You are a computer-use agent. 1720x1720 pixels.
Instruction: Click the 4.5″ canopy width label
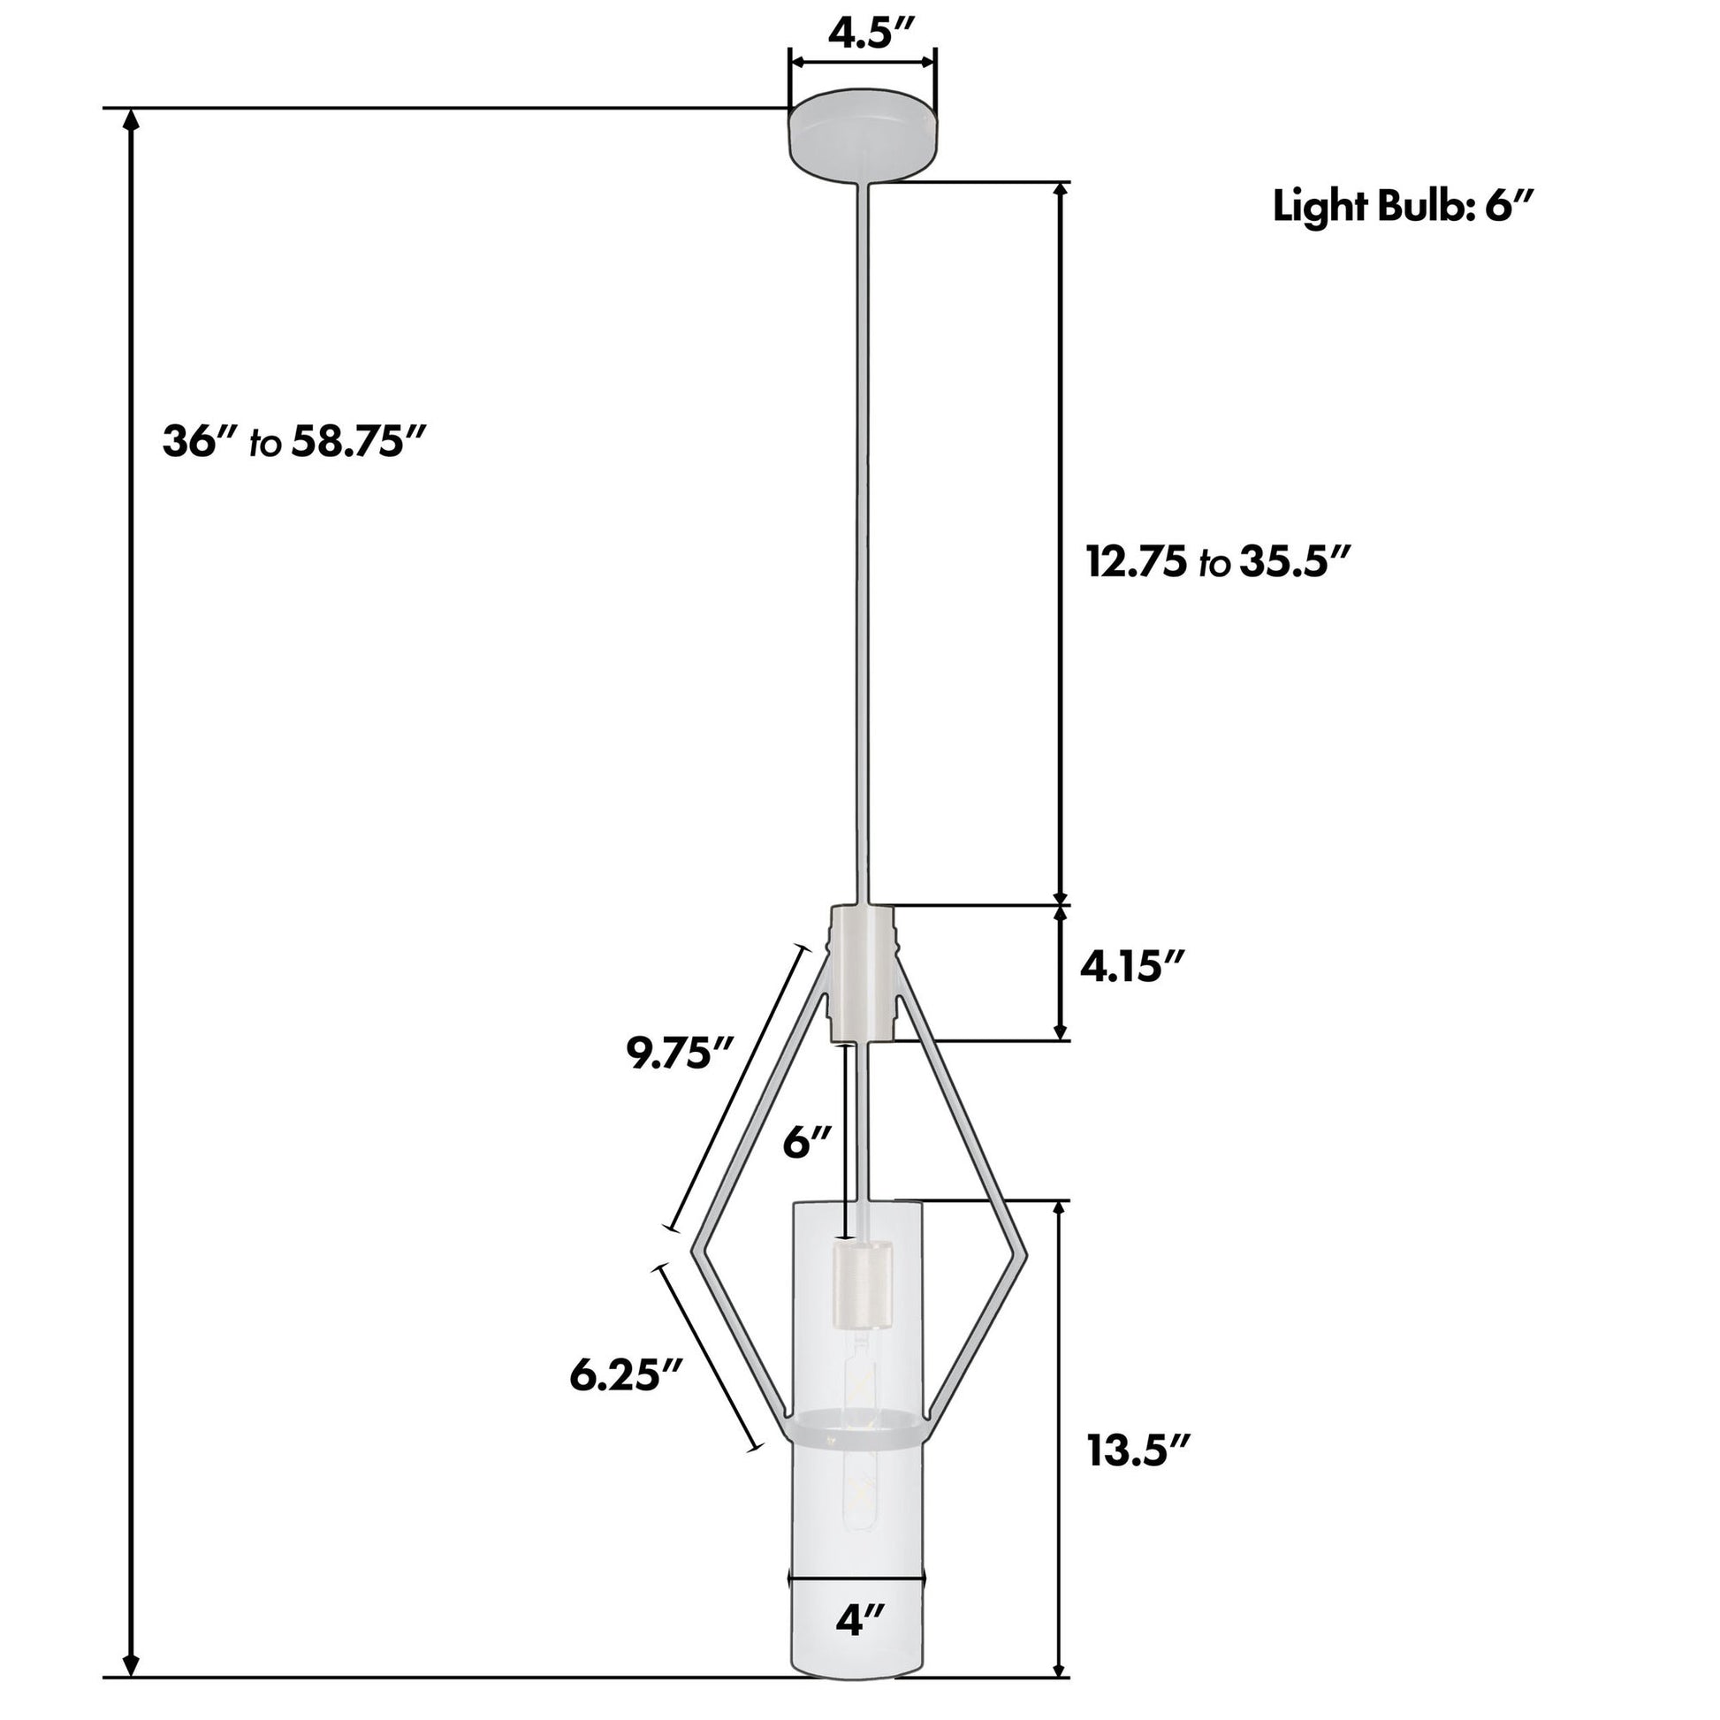click(863, 33)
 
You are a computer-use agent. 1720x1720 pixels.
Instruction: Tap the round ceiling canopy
click(863, 135)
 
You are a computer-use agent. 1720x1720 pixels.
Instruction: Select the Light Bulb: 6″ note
click(1403, 208)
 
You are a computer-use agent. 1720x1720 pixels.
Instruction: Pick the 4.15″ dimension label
click(1132, 966)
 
